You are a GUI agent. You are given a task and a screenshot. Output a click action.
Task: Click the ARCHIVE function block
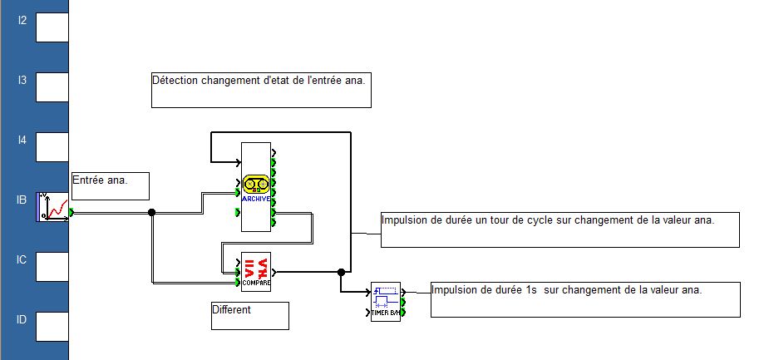coord(256,186)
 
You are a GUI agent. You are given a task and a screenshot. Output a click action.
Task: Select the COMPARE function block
coord(256,271)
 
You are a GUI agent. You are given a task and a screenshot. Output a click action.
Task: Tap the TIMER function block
coord(385,303)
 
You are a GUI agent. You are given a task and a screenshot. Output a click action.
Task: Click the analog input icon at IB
coord(52,207)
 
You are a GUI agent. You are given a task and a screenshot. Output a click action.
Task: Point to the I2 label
coord(22,20)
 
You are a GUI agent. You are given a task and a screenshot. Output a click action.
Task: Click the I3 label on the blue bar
coord(22,80)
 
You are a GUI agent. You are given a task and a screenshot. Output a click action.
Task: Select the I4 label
coord(22,140)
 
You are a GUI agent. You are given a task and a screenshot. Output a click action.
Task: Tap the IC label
coord(22,259)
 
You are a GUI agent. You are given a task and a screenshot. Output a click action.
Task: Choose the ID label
coord(22,319)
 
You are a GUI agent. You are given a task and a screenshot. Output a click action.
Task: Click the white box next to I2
coord(52,27)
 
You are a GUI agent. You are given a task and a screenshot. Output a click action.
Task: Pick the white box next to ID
coord(52,326)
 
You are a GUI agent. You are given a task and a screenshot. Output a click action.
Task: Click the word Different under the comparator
coord(231,310)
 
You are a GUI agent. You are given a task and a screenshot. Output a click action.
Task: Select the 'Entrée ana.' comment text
coord(100,180)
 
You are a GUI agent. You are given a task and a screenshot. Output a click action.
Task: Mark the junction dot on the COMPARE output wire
coord(341,272)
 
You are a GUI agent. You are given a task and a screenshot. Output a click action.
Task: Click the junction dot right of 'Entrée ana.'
coord(151,212)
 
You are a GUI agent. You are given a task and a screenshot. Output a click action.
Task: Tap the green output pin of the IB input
coord(72,212)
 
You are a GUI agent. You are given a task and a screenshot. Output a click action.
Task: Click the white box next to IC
coord(52,266)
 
